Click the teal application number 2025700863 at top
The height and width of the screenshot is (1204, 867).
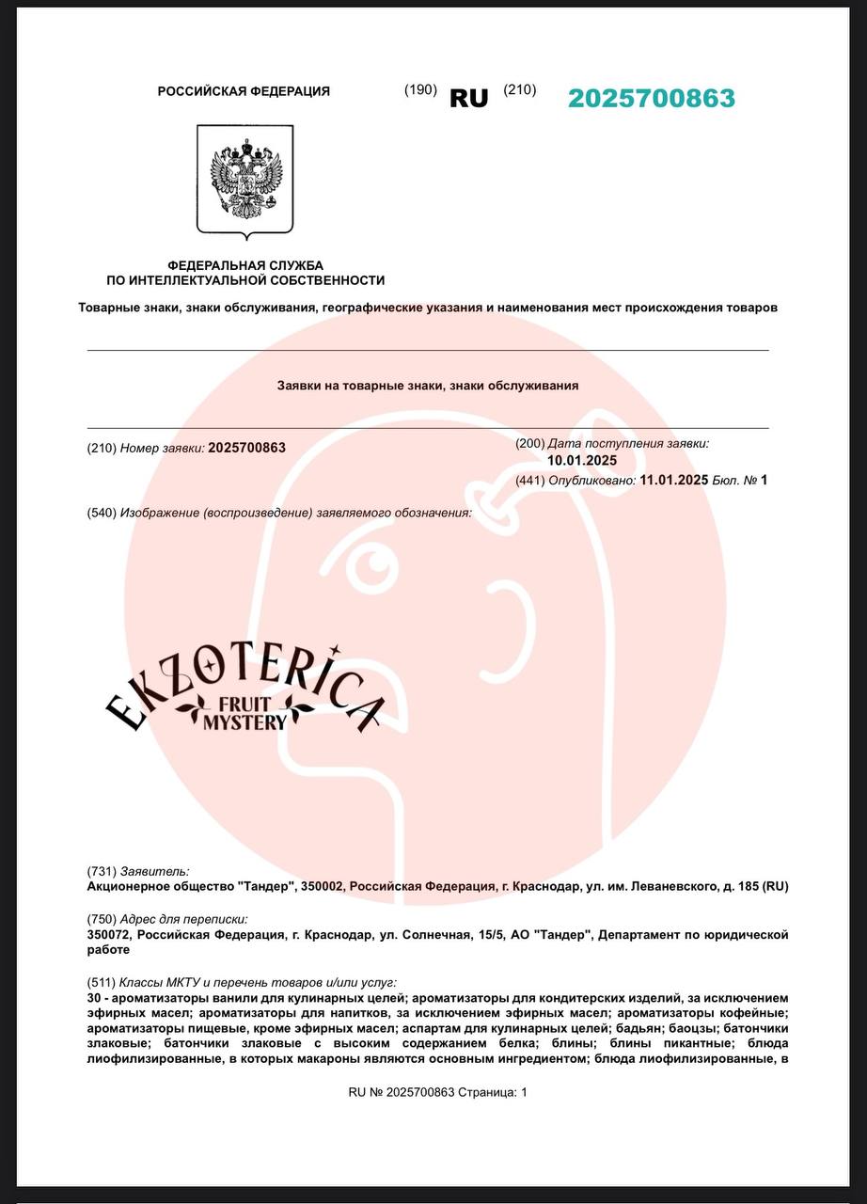(x=651, y=98)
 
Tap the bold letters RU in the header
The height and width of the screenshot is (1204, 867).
(x=469, y=98)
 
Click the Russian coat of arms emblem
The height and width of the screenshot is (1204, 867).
(x=244, y=181)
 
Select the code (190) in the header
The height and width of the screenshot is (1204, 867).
(x=420, y=89)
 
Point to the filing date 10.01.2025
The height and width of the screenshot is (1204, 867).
(x=582, y=460)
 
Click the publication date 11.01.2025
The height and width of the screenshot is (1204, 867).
(x=673, y=480)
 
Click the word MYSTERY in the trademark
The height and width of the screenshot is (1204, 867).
(x=244, y=722)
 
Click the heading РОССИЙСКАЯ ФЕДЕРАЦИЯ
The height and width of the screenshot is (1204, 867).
(x=244, y=91)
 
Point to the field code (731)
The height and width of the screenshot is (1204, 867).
(x=102, y=872)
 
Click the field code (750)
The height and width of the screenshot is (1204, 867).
(x=102, y=919)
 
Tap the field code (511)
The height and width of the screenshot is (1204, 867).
(x=102, y=982)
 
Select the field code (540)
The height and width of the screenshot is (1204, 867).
(x=102, y=513)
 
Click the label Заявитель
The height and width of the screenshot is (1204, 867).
(x=154, y=872)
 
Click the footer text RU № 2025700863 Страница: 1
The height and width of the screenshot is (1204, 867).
(x=438, y=1092)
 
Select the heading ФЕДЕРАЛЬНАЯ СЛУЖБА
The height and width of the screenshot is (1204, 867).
(x=245, y=265)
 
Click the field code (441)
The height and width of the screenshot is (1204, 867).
(x=530, y=481)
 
